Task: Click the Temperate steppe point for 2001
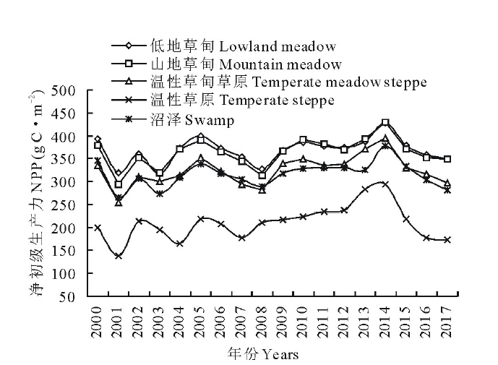click(118, 256)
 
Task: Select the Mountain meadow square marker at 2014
click(385, 123)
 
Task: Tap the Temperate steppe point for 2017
click(448, 240)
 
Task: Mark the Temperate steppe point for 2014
click(386, 184)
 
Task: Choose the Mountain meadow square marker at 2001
click(118, 184)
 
